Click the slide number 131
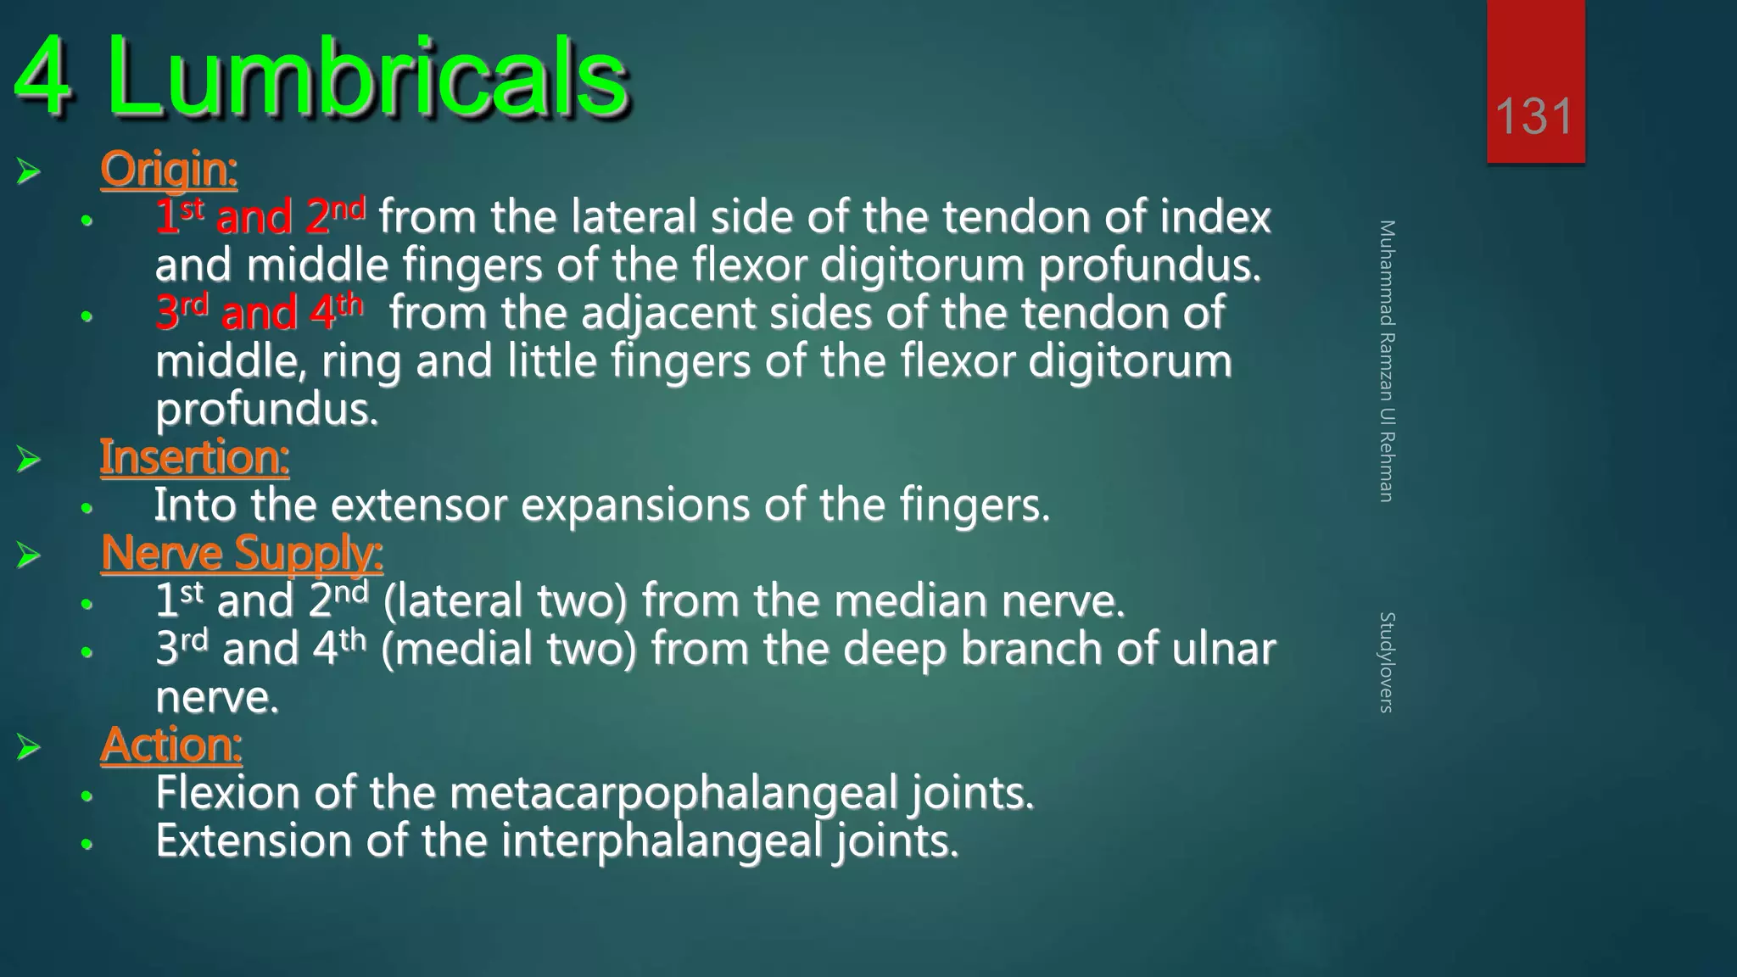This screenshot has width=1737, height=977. (x=1534, y=116)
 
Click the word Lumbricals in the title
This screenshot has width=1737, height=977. (x=366, y=78)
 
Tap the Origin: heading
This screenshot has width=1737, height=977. (x=169, y=168)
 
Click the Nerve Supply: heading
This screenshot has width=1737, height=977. (x=242, y=553)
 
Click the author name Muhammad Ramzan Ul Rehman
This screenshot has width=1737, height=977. (x=1387, y=360)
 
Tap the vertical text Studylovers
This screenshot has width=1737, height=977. (x=1387, y=662)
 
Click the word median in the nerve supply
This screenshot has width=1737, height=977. (x=911, y=600)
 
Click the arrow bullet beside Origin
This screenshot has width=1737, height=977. (x=28, y=171)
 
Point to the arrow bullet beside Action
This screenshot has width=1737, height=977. (x=28, y=747)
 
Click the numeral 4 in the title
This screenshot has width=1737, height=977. (x=42, y=78)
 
